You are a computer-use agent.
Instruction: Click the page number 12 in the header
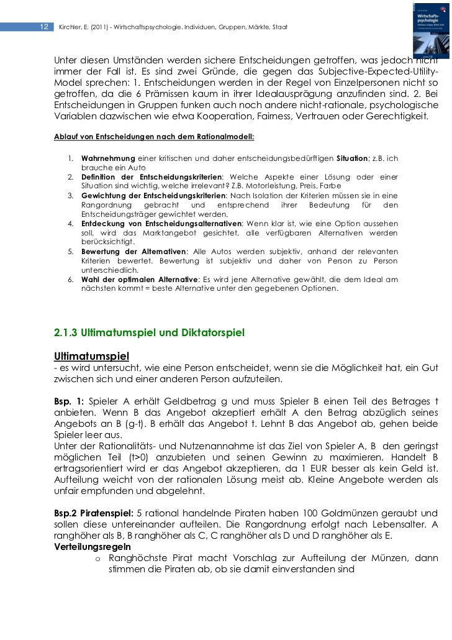point(43,27)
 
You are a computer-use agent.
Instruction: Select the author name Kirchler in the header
point(71,28)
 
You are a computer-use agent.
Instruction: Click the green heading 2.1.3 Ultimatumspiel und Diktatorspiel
point(150,332)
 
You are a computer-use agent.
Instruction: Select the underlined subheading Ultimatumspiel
point(91,357)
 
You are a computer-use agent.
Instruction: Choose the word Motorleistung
point(264,186)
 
